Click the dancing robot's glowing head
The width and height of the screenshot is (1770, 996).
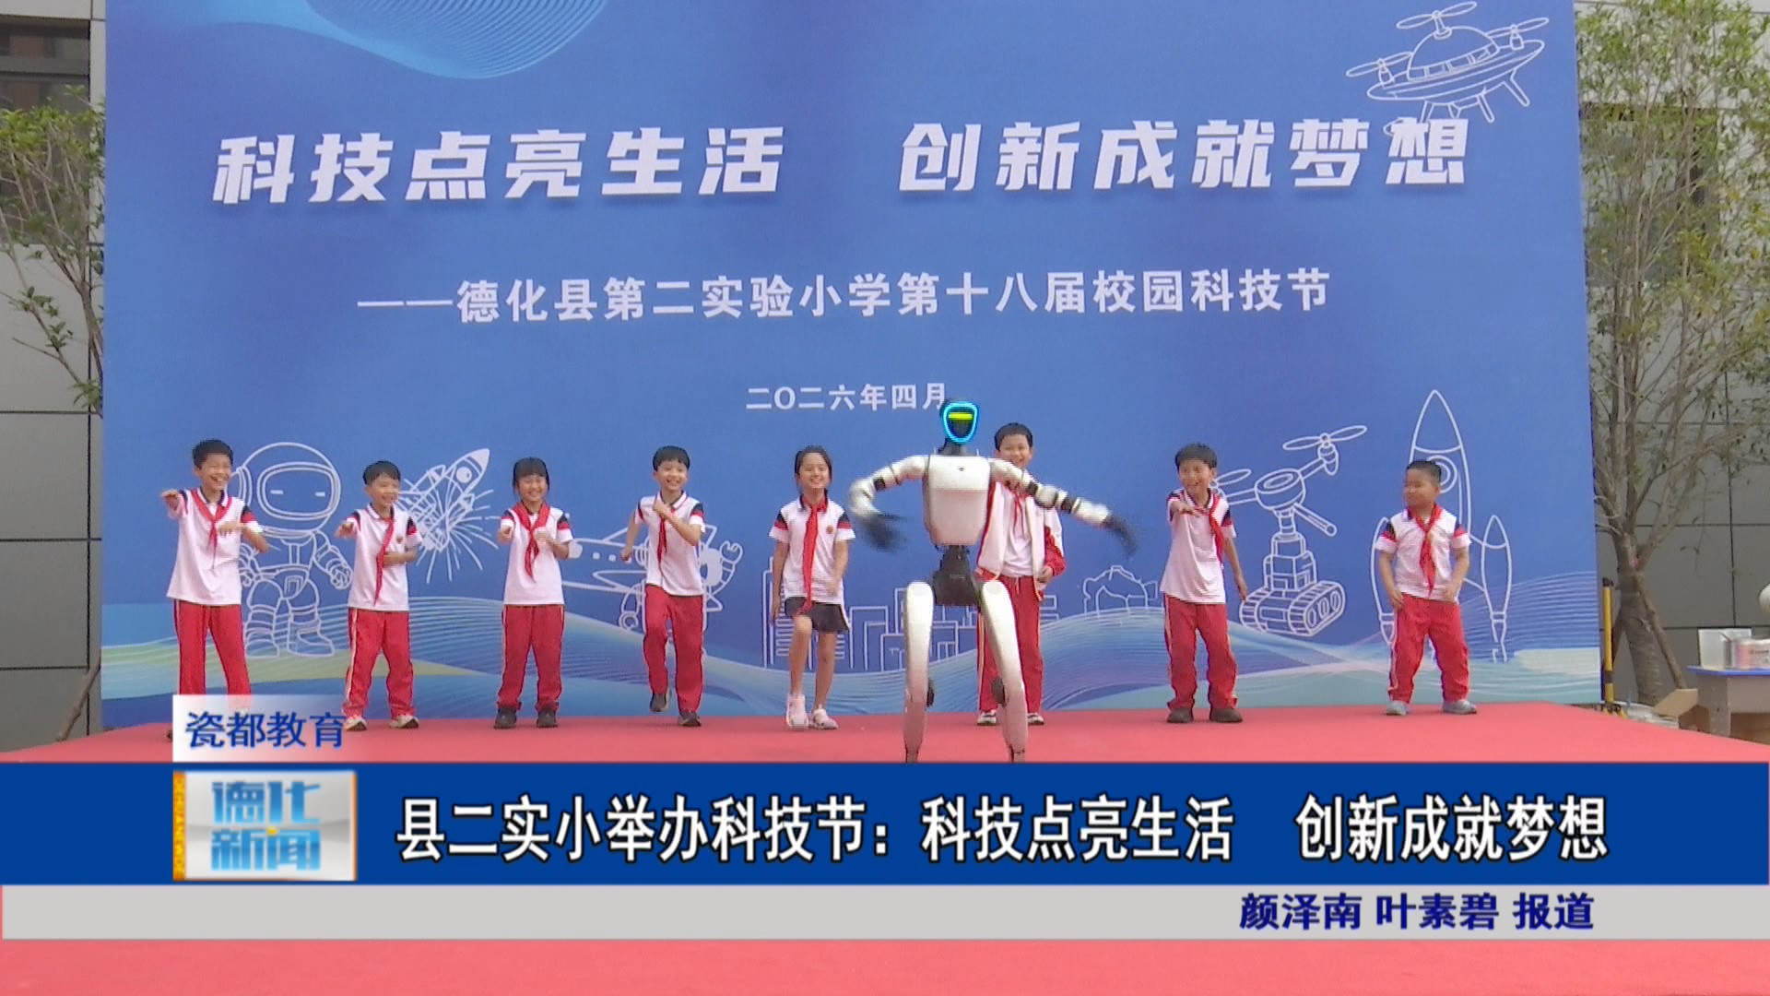click(x=960, y=424)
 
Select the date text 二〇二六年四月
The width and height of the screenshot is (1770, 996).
click(x=846, y=397)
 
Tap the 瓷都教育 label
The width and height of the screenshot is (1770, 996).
click(x=265, y=730)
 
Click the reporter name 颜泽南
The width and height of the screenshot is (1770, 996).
click(x=1300, y=912)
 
